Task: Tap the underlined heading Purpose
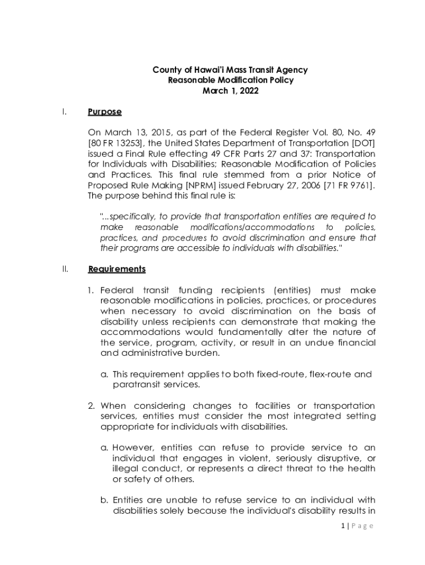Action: click(x=104, y=112)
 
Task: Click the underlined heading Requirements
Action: click(x=117, y=269)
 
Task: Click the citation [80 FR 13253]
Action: click(x=113, y=143)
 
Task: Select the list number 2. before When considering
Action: click(x=92, y=406)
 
